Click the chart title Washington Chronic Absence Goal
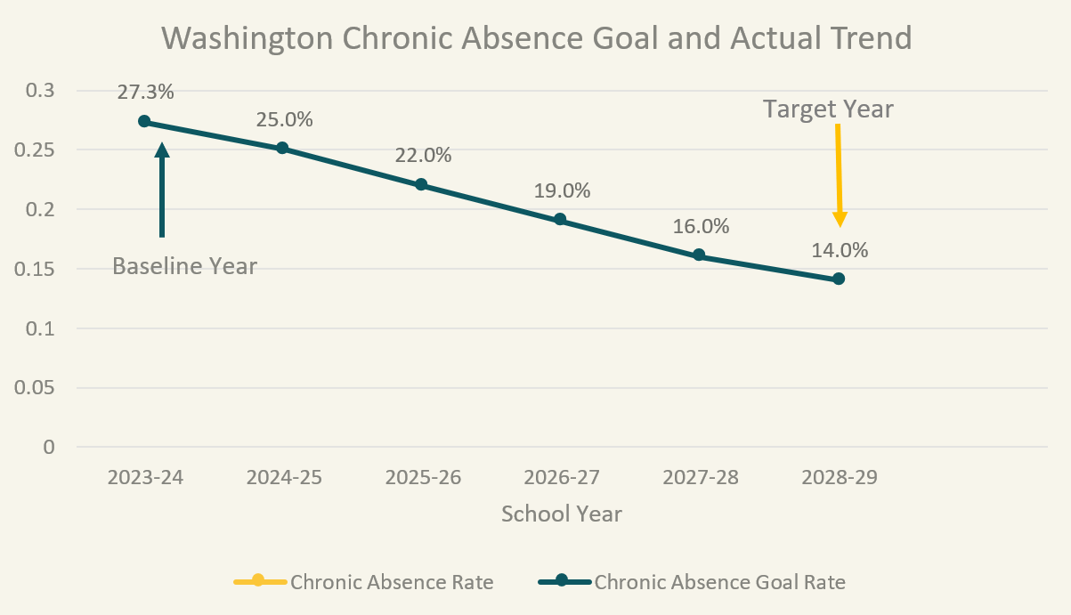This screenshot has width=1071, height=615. click(x=537, y=38)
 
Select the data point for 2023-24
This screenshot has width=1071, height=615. click(x=144, y=121)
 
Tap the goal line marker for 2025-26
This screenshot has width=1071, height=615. click(x=422, y=184)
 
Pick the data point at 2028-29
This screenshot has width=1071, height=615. click(x=839, y=279)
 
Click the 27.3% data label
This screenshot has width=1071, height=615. click(x=144, y=92)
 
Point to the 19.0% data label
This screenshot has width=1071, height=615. click(x=562, y=190)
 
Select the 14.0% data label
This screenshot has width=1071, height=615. click(x=839, y=250)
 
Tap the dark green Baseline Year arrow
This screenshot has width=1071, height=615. click(x=161, y=189)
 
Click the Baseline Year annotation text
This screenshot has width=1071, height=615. click(x=184, y=265)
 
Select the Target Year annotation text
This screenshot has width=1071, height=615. click(x=828, y=109)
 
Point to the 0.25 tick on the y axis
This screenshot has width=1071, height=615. click(x=37, y=150)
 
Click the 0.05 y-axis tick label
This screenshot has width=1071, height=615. click(x=37, y=388)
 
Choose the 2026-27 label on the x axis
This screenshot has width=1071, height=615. click(x=562, y=477)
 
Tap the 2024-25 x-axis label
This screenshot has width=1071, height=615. click(x=284, y=477)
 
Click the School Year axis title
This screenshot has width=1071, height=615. click(x=561, y=514)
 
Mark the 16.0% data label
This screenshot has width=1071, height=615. click(x=701, y=226)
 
